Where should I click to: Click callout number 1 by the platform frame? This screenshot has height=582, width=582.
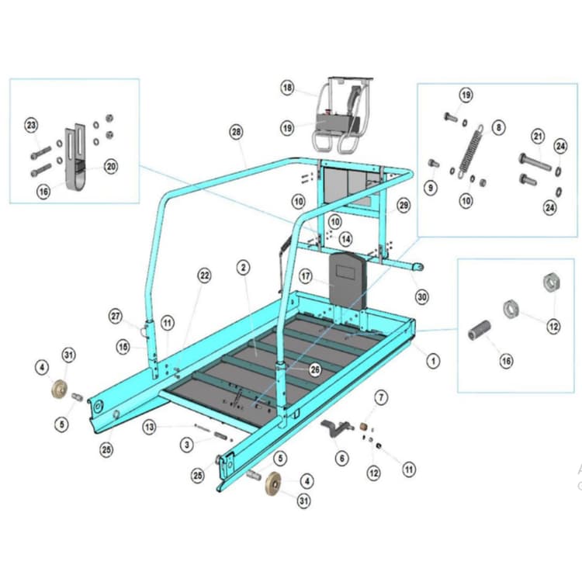click(433, 360)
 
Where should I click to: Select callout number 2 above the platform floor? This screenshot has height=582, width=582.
click(244, 268)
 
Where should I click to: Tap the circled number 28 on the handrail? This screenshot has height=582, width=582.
click(236, 133)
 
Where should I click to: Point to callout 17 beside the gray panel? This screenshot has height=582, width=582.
click(306, 275)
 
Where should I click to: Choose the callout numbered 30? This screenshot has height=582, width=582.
click(421, 296)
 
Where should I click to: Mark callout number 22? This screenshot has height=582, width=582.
click(204, 275)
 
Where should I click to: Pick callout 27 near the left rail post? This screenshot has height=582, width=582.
click(116, 316)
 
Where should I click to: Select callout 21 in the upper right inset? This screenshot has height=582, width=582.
click(537, 137)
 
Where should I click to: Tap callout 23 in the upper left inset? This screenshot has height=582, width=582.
click(31, 125)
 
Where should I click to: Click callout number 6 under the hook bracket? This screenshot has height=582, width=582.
click(341, 458)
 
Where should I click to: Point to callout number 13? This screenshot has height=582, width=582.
click(150, 426)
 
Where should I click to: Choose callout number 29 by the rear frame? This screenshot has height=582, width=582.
click(403, 206)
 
